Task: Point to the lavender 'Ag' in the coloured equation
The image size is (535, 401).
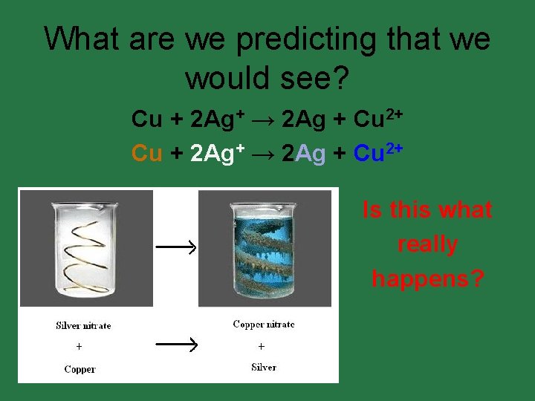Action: click(309, 153)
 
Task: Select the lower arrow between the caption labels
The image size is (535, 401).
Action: click(175, 343)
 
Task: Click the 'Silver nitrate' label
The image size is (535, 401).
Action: click(82, 325)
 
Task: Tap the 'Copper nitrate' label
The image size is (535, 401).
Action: click(264, 324)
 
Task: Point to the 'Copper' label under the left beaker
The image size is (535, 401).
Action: click(80, 369)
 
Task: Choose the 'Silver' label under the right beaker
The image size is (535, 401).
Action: click(263, 367)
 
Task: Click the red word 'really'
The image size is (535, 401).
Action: click(427, 244)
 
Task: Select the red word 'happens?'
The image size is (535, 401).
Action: click(427, 278)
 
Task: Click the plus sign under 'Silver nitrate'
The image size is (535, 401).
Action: click(79, 347)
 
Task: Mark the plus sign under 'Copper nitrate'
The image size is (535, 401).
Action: click(261, 346)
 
